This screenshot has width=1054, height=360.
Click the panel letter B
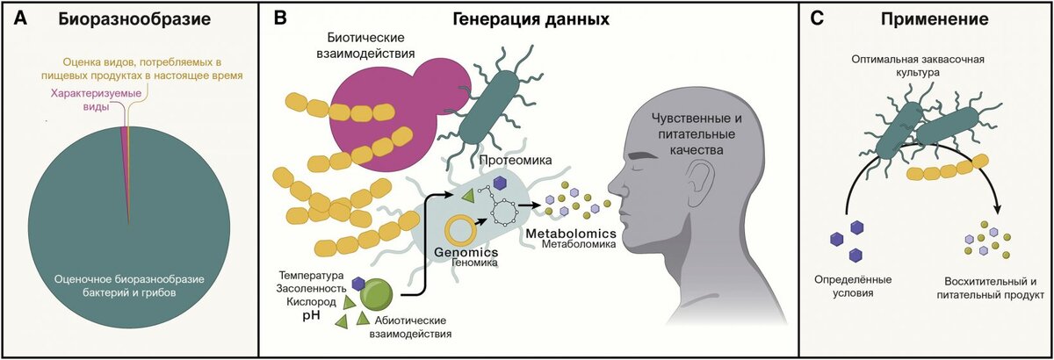click(278, 18)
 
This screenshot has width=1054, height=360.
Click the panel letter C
click(817, 18)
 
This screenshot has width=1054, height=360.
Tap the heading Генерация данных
click(531, 18)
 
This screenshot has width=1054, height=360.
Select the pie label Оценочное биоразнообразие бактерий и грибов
click(128, 286)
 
